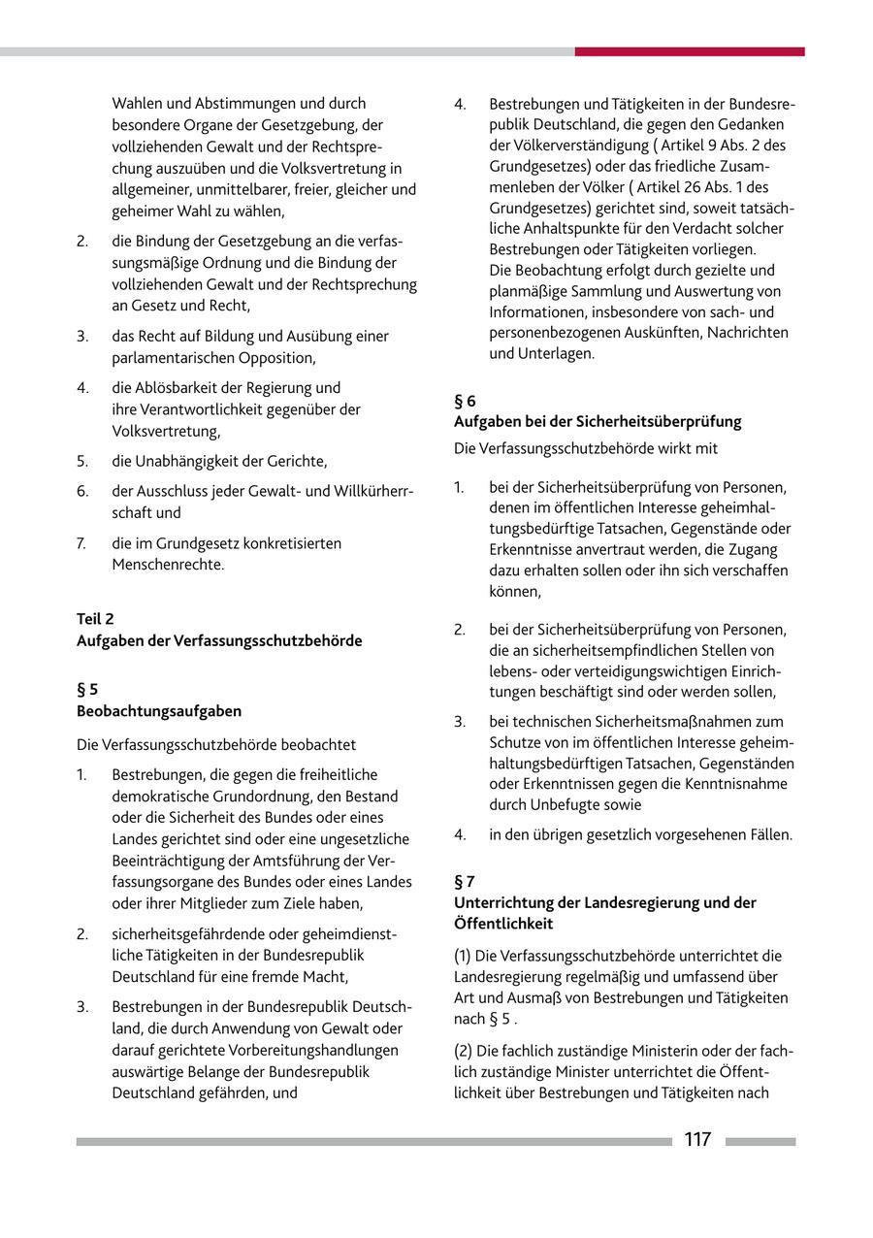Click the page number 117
[697, 1140]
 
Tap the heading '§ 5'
[87, 690]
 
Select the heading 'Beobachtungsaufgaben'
[159, 711]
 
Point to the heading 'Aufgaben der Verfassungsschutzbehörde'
[219, 640]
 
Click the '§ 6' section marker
[465, 400]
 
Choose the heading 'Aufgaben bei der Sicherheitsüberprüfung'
[598, 421]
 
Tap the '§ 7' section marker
[465, 881]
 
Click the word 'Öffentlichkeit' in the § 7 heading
[503, 924]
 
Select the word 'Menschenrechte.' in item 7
[168, 564]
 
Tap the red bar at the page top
[689, 51]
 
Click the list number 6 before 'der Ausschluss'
[82, 492]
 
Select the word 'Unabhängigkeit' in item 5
[190, 461]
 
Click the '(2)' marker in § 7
[465, 1051]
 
